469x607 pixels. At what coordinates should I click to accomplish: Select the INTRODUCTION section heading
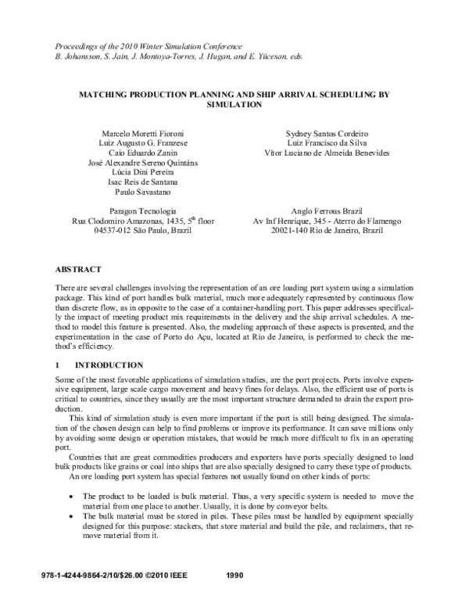109,365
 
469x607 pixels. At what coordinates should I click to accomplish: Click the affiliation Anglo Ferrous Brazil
328,210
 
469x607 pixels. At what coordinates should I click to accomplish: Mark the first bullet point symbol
73,497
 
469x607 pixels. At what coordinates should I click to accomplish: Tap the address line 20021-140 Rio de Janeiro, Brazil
328,232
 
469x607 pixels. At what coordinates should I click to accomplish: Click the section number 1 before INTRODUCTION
50,365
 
